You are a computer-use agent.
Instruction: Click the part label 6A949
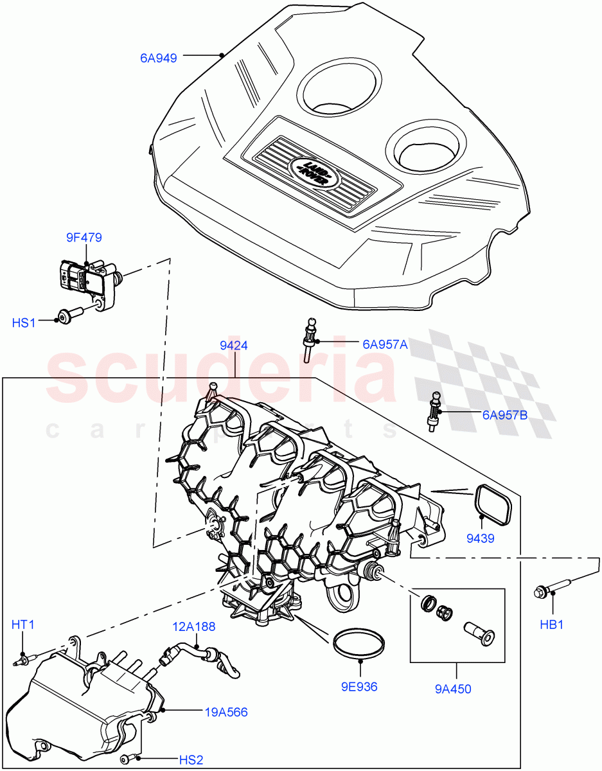pyautogui.click(x=159, y=58)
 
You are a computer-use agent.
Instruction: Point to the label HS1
pyautogui.click(x=24, y=323)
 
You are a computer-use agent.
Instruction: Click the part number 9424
pyautogui.click(x=234, y=346)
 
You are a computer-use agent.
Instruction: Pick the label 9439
pyautogui.click(x=480, y=538)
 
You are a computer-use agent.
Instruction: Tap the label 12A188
pyautogui.click(x=193, y=626)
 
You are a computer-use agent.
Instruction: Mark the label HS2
pyautogui.click(x=191, y=760)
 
